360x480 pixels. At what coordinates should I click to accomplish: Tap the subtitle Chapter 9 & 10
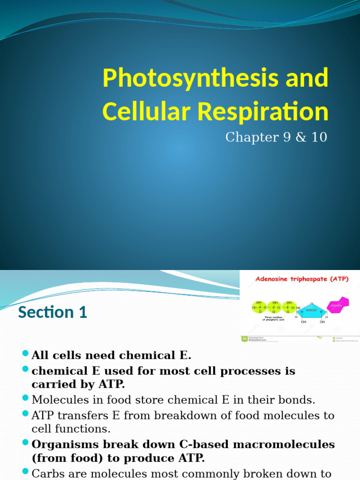click(x=276, y=137)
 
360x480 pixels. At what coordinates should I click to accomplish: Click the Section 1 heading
click(x=52, y=312)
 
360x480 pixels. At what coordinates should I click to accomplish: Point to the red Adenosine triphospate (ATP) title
click(x=301, y=279)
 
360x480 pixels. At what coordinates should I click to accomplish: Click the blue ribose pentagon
click(x=309, y=310)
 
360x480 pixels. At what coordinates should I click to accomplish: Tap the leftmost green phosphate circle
click(x=259, y=307)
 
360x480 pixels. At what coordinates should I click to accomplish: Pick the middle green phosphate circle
click(x=274, y=307)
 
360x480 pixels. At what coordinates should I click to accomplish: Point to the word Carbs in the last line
click(x=46, y=473)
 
